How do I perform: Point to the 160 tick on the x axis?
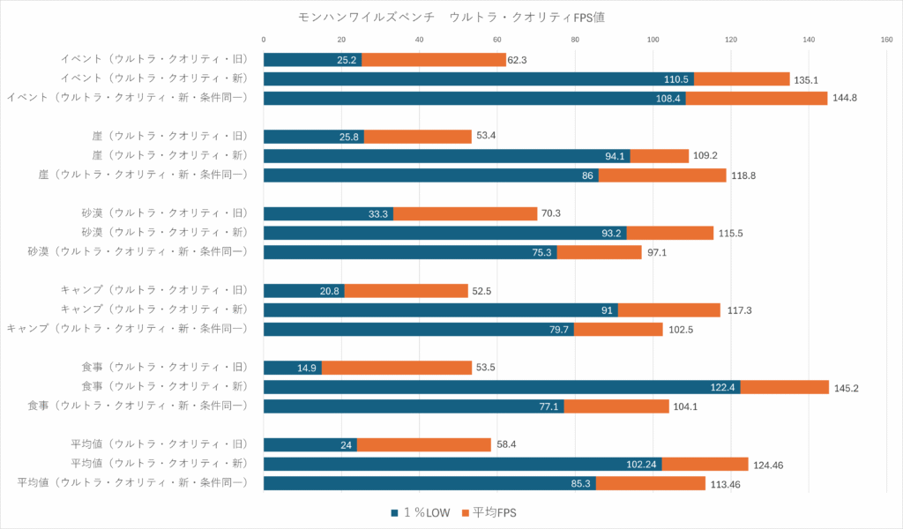click(886, 39)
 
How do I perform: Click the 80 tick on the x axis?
click(575, 39)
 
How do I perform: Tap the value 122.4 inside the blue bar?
click(724, 387)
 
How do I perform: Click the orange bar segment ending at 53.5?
click(397, 368)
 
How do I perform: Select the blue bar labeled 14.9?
click(293, 368)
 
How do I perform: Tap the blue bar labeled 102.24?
click(463, 464)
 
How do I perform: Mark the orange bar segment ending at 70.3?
click(465, 213)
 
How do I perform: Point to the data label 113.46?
click(725, 483)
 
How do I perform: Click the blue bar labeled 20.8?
click(304, 291)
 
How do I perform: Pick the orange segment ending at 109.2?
click(659, 156)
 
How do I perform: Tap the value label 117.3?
click(739, 310)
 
